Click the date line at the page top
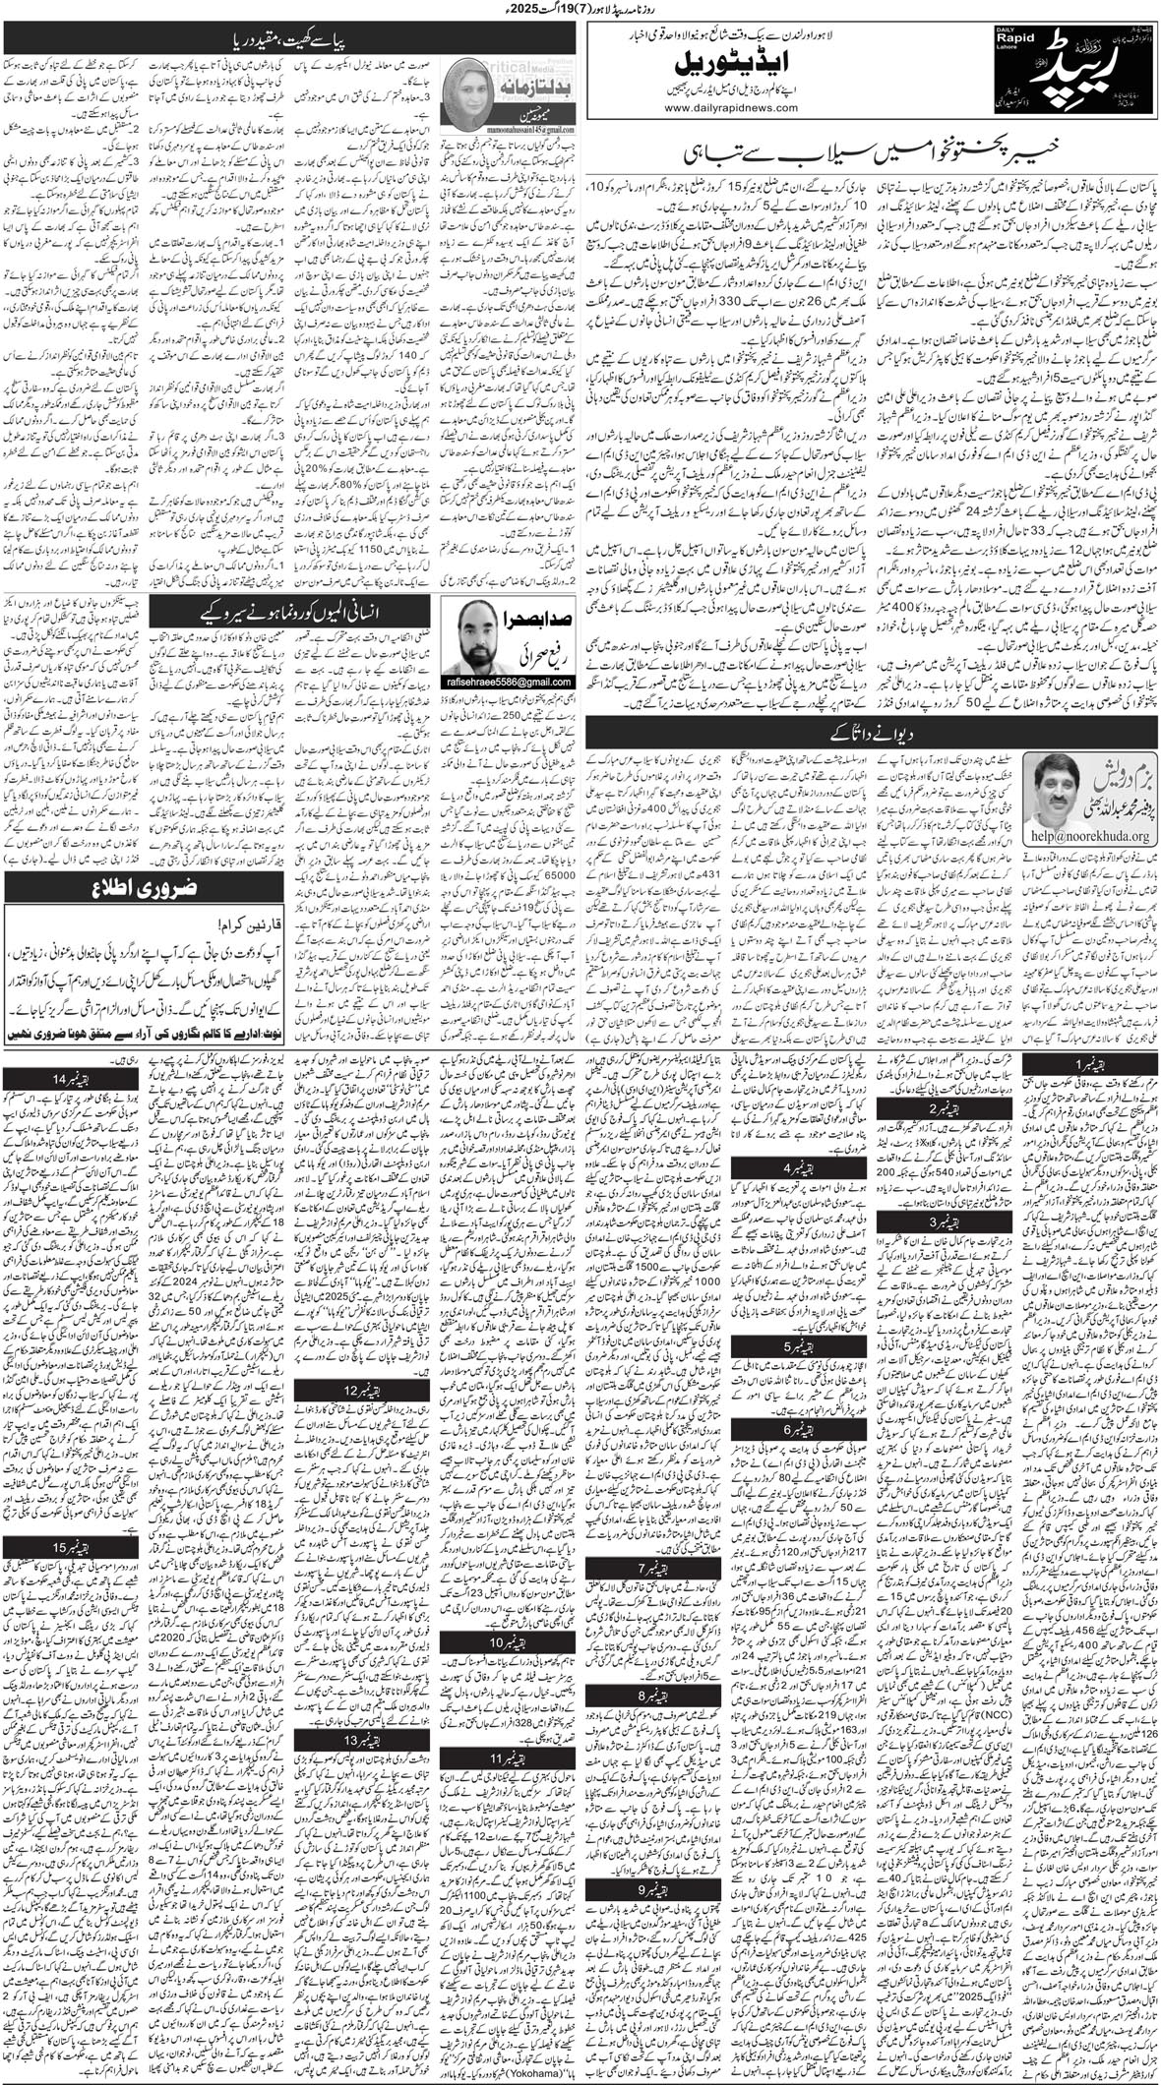[x=580, y=11]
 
